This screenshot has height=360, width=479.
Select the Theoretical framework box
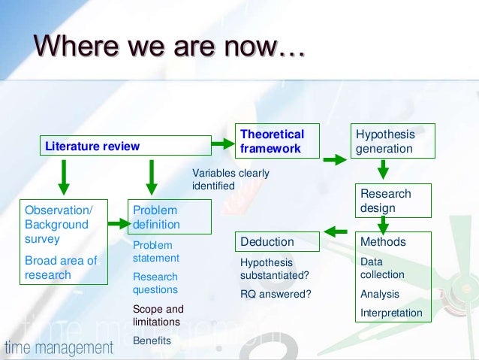pos(272,141)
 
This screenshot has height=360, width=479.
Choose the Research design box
pos(386,200)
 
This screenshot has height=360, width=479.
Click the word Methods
pos(383,242)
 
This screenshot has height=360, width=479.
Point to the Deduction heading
pos(267,242)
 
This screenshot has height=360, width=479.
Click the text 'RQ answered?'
pos(276,293)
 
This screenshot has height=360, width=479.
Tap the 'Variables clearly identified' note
pos(230,179)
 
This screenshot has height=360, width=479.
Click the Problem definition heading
pos(156,217)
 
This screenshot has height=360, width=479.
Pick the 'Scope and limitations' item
pos(158,315)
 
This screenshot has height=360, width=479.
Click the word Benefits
pos(152,340)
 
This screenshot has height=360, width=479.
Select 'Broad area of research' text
pos(61,268)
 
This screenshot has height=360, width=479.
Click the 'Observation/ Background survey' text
pos(56,224)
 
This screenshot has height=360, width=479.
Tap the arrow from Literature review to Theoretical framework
pos(222,143)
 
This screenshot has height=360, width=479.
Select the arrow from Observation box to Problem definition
pos(118,223)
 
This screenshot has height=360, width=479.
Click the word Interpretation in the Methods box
pos(391,313)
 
